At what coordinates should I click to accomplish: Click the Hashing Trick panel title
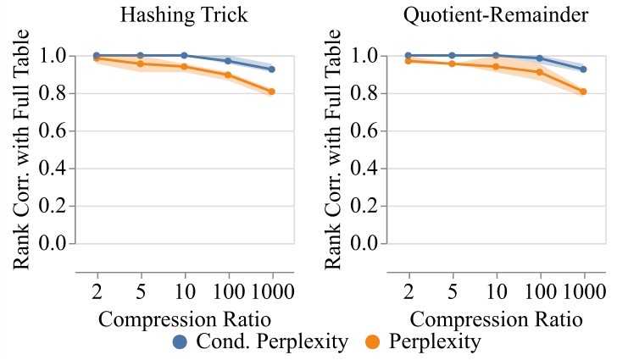pos(185,16)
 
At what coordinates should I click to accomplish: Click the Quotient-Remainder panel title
pos(497,16)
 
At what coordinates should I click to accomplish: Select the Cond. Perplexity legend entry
pos(260,342)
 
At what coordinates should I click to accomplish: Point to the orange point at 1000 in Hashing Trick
pos(272,91)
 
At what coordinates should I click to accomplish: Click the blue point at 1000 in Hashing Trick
pos(272,69)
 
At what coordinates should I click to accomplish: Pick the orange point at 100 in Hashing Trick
pos(228,75)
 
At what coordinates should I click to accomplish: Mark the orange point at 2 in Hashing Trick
pos(97,58)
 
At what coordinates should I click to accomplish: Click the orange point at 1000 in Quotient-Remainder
pos(584,91)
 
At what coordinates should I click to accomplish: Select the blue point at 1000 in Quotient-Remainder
pos(584,69)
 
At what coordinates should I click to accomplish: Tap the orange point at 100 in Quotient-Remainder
pos(540,72)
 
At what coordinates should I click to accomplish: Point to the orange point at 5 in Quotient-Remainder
pos(453,64)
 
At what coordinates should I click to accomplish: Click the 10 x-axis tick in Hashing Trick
pos(184,293)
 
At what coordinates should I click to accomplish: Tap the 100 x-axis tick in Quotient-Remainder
pos(540,293)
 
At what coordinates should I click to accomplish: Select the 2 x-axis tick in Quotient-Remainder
pos(409,293)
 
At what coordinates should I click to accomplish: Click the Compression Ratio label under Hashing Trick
pos(185,320)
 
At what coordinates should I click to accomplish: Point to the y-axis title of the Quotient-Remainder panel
pos(332,150)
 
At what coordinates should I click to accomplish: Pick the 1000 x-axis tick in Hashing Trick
pos(272,293)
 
